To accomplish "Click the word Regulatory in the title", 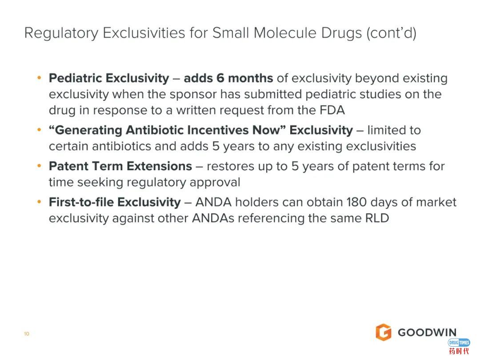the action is [x=61, y=33].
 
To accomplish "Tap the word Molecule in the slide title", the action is [x=285, y=33].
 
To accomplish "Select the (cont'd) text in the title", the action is [x=392, y=33].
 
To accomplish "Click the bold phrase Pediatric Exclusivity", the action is [x=109, y=78].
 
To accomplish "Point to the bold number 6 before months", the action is [x=220, y=78].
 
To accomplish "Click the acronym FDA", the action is [x=332, y=110].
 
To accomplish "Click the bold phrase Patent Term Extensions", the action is [x=120, y=166].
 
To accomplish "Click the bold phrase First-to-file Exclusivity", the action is [x=115, y=202].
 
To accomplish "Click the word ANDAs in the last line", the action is [x=213, y=218].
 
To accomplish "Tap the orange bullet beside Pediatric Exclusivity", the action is [x=39, y=78].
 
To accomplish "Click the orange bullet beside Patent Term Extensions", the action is [x=39, y=166].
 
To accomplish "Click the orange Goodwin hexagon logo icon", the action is [x=384, y=332].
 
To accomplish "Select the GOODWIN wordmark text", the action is [x=427, y=332].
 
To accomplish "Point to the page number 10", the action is [x=27, y=334].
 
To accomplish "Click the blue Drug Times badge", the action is [x=459, y=343].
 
